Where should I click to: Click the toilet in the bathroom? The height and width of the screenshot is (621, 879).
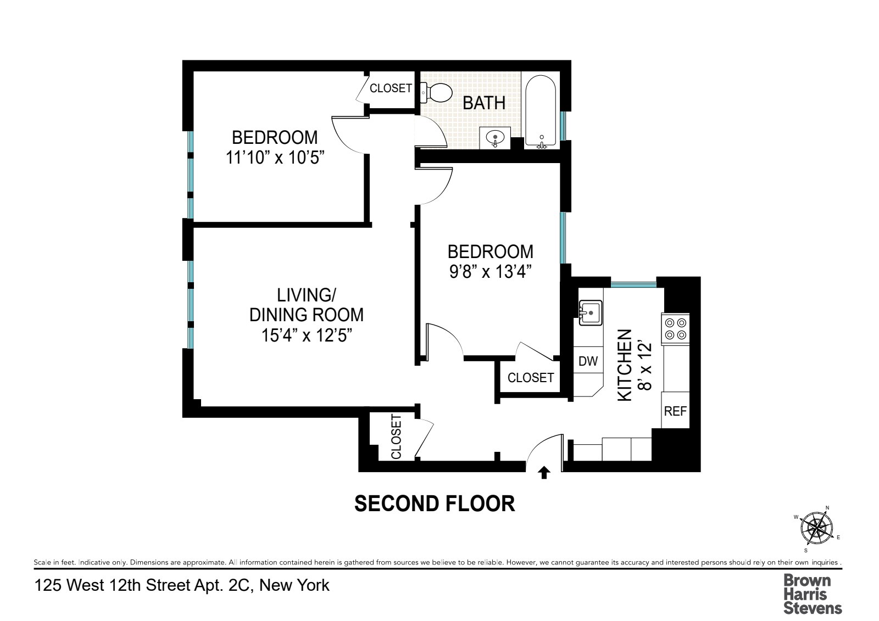click(434, 92)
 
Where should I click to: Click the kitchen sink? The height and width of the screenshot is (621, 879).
click(591, 313)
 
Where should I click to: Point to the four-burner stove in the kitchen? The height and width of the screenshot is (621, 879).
click(676, 328)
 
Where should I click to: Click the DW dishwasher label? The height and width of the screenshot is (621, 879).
click(588, 361)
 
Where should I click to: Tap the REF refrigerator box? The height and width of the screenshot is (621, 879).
click(675, 410)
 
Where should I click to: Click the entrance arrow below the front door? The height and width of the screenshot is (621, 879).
click(544, 473)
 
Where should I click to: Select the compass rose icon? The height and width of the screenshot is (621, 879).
click(816, 529)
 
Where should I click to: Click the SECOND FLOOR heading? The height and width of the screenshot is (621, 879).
click(435, 503)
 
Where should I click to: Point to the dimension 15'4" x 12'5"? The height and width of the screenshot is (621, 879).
click(307, 334)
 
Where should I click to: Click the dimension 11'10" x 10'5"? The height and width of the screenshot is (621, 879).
click(275, 158)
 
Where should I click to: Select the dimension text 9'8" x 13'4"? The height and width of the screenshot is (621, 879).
click(490, 271)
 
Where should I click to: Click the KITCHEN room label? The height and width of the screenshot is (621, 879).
click(625, 365)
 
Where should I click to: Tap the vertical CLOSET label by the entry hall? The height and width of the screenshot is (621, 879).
click(396, 437)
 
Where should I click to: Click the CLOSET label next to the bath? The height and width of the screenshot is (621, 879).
click(391, 88)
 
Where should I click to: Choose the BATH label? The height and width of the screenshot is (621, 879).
click(484, 103)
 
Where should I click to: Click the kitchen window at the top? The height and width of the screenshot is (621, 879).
click(633, 284)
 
